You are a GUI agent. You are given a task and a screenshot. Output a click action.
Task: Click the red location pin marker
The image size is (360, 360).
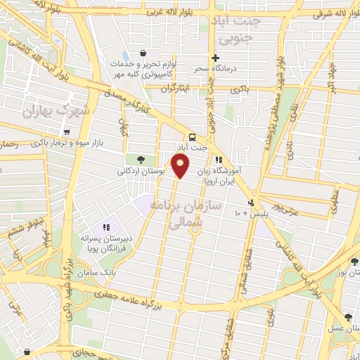click(x=181, y=166)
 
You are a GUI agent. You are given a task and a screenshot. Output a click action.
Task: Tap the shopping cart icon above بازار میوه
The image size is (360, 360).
click(x=67, y=131)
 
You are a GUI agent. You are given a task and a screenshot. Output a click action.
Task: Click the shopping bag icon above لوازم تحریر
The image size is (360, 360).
click(x=143, y=53)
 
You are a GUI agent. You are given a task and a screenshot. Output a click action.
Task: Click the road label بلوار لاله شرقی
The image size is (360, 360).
click(x=324, y=13)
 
